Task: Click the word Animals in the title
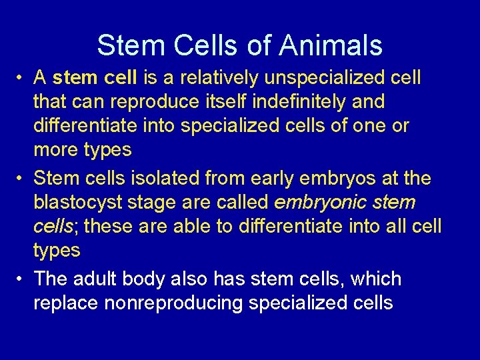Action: tap(331, 45)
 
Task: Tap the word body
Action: tap(157, 279)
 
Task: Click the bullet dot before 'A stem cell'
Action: tap(22, 79)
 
